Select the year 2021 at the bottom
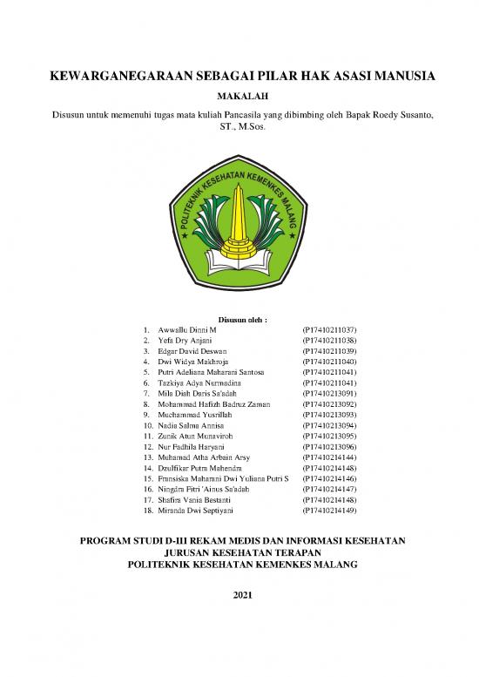(239, 596)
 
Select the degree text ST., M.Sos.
(239, 127)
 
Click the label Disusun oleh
(239, 319)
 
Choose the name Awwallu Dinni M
(187, 331)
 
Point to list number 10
(147, 424)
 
